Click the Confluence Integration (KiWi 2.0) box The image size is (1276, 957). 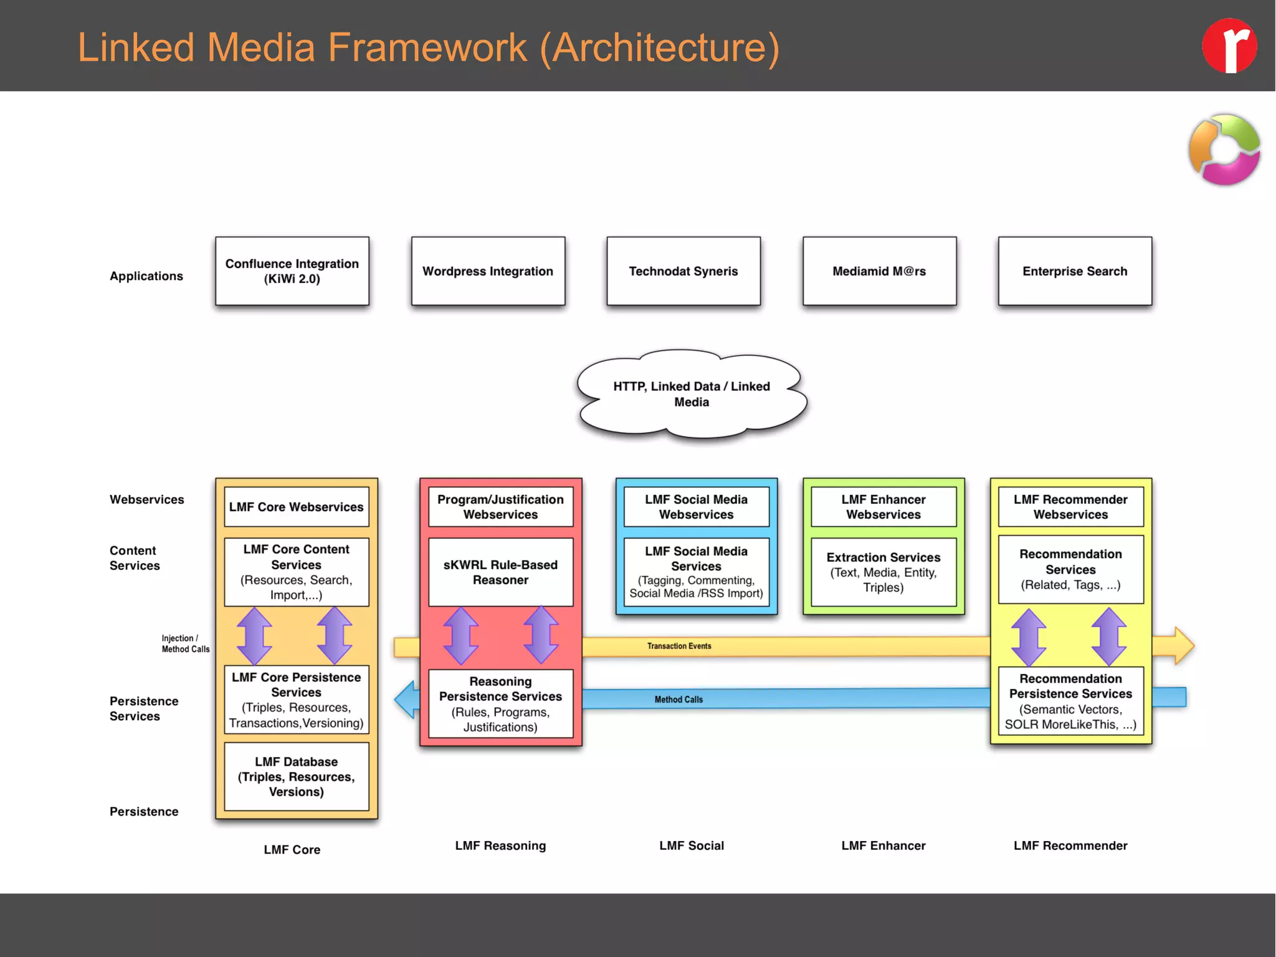[x=292, y=271]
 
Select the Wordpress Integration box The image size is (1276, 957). [x=488, y=271]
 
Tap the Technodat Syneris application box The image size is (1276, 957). [x=683, y=271]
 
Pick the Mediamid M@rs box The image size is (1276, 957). [x=879, y=271]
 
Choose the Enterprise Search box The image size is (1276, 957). [x=1075, y=271]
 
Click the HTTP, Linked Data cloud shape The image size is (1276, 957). [x=691, y=393]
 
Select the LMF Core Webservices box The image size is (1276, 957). [x=296, y=507]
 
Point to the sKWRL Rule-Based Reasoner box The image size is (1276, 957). [x=500, y=572]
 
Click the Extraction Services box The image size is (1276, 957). [x=883, y=572]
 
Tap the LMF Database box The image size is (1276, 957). [x=296, y=776]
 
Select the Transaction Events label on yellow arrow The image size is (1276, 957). [x=678, y=646]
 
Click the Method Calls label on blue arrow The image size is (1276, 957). [x=678, y=700]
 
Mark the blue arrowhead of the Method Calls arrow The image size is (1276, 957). [x=406, y=700]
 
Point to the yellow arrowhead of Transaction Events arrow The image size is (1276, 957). [x=1183, y=646]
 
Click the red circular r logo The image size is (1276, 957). [x=1229, y=46]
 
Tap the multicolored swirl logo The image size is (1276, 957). [x=1224, y=150]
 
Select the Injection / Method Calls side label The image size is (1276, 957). [x=185, y=643]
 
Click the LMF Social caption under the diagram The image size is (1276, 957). [x=691, y=845]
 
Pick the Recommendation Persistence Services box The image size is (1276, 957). [x=1070, y=701]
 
